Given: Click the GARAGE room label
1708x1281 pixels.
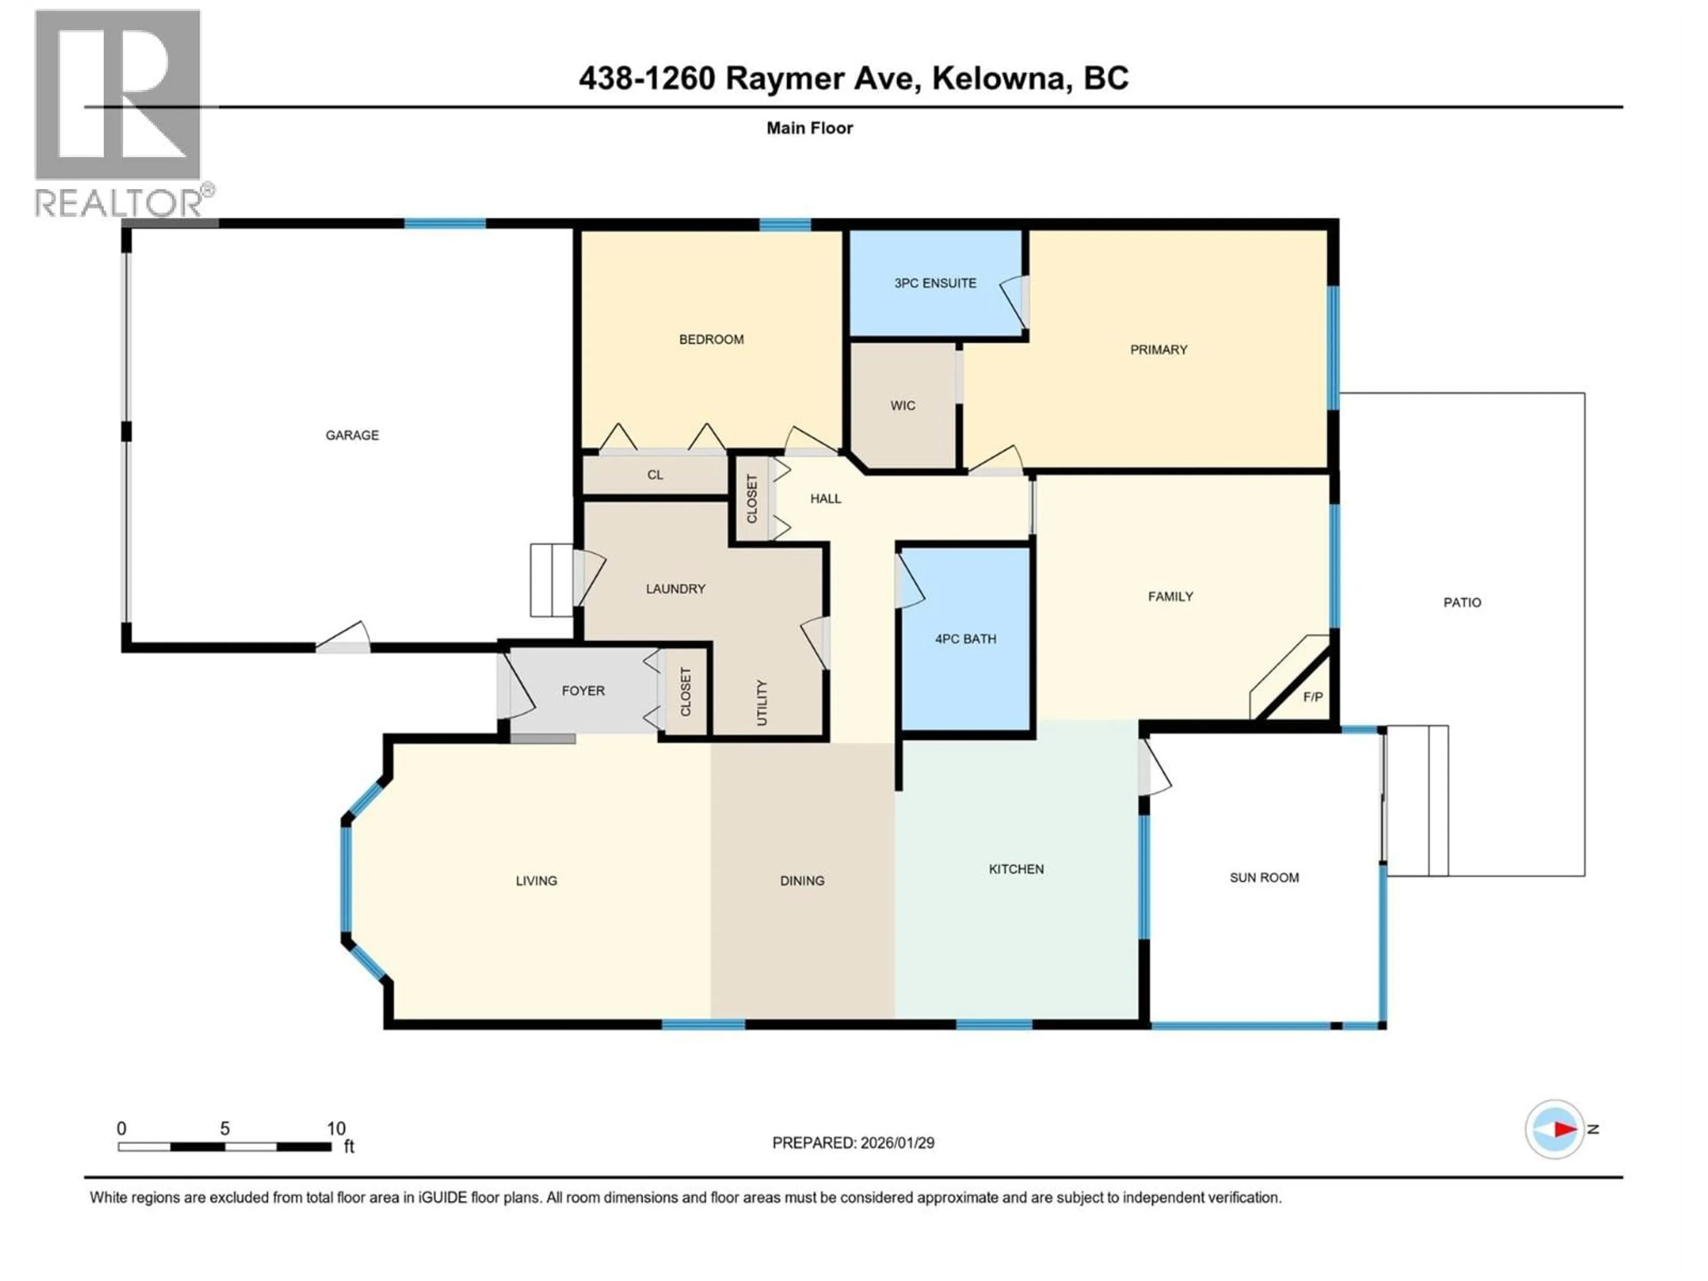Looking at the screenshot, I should click(x=352, y=435).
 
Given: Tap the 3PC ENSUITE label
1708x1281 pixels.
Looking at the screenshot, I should click(x=935, y=283).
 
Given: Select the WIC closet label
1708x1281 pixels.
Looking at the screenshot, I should click(x=902, y=405).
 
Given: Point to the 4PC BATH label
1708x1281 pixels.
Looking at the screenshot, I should click(x=965, y=639).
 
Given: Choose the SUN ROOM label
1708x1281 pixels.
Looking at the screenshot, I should click(x=1264, y=878).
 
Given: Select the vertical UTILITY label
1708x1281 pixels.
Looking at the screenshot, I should click(x=762, y=703).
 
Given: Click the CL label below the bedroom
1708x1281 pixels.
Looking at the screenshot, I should click(x=655, y=475).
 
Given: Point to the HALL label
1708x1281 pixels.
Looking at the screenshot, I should click(x=826, y=499).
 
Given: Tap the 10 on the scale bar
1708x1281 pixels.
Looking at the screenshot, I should click(x=336, y=1129).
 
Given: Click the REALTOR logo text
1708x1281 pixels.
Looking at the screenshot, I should click(x=120, y=204).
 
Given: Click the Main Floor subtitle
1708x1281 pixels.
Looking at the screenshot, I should click(x=809, y=128).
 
